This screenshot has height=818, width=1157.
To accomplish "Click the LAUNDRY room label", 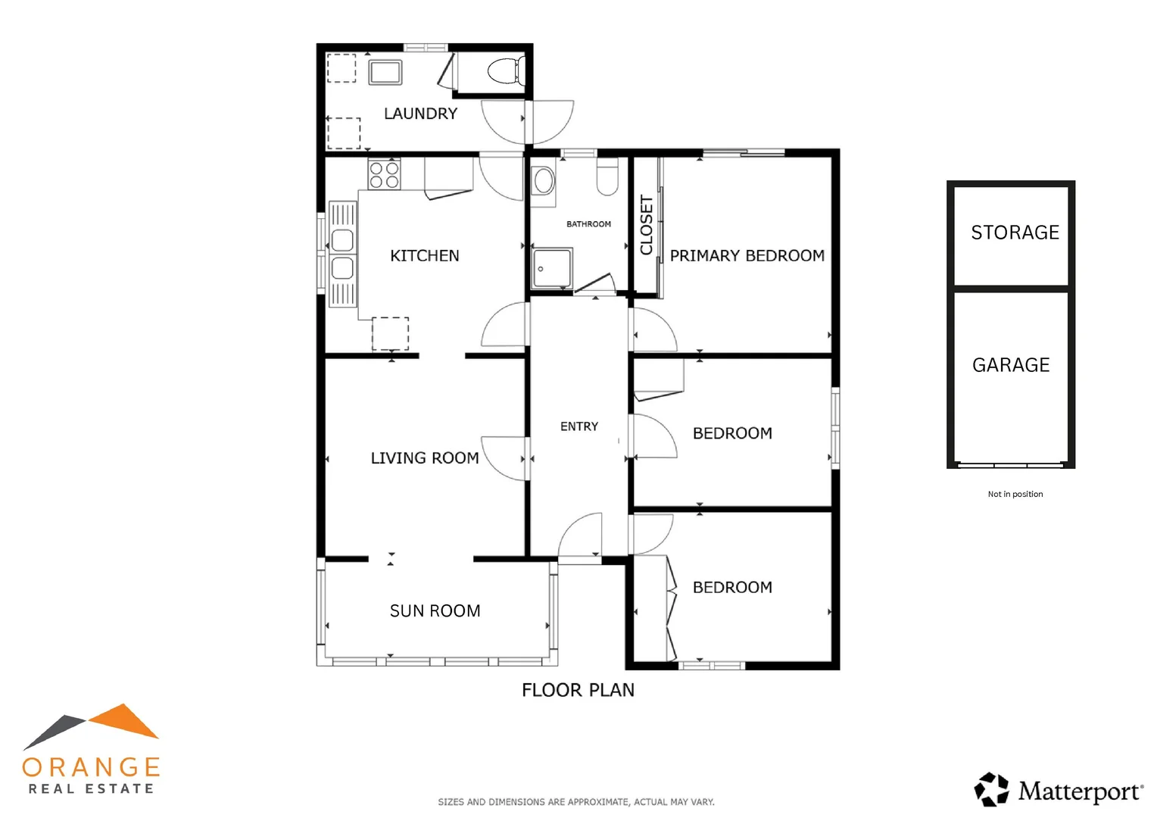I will (420, 114).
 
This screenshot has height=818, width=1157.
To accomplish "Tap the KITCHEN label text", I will (424, 256).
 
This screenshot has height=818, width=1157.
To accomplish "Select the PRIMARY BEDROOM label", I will (747, 256).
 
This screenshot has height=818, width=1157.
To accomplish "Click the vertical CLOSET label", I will (647, 225).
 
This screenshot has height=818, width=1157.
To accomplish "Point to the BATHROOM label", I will (588, 224).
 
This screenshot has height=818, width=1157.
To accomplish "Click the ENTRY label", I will (578, 426).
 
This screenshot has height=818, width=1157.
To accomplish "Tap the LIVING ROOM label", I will (424, 458).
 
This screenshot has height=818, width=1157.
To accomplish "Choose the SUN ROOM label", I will (435, 611).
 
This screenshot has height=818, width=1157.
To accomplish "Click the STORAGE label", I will (1015, 233).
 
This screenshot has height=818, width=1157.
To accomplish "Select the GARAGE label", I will (1011, 365).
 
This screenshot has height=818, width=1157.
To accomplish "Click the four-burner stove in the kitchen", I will (384, 175).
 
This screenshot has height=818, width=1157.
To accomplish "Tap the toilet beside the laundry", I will (506, 71).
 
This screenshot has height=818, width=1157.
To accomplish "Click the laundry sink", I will (385, 73).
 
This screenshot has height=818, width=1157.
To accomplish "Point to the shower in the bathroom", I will (551, 268).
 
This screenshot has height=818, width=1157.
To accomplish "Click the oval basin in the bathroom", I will (543, 182).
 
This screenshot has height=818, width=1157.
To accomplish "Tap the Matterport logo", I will (1059, 791).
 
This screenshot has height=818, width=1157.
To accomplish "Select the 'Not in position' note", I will (1015, 494).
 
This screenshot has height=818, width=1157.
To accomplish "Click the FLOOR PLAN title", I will (578, 690).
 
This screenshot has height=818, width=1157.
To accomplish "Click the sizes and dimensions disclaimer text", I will (575, 801).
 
